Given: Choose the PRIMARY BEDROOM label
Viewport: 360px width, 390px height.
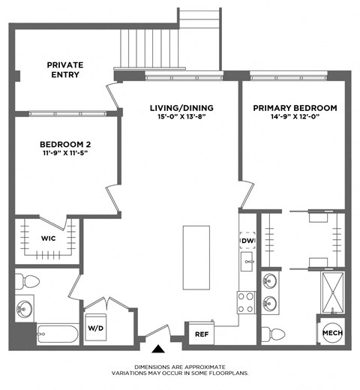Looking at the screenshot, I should click(x=294, y=107).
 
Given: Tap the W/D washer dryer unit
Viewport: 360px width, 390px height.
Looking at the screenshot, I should click(x=96, y=327).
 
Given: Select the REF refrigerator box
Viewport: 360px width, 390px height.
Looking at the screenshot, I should click(x=201, y=334).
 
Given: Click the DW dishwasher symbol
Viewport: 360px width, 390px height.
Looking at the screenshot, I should click(x=247, y=239).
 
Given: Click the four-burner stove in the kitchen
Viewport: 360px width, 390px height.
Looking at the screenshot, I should click(x=247, y=301).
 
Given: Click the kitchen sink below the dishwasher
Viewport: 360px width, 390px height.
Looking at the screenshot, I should click(x=247, y=262).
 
